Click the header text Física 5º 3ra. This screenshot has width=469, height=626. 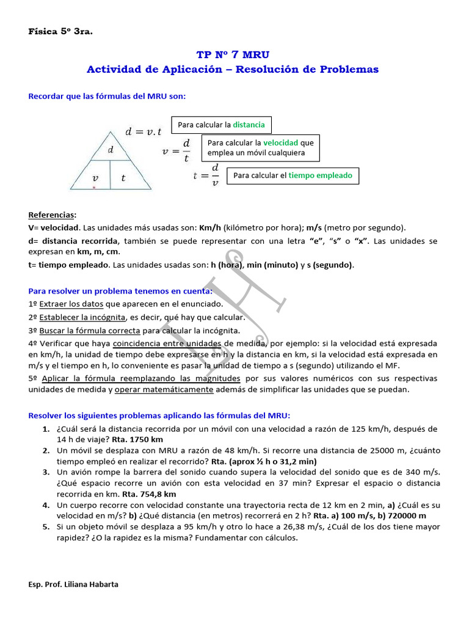(x=60, y=31)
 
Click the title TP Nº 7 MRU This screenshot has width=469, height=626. (x=233, y=55)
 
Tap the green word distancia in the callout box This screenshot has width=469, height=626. (x=249, y=125)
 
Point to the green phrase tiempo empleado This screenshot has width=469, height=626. (x=320, y=175)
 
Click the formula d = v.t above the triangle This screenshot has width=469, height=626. (x=144, y=131)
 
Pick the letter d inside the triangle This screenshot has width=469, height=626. (x=111, y=150)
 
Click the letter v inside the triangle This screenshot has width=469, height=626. (x=95, y=178)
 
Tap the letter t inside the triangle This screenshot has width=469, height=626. (x=123, y=178)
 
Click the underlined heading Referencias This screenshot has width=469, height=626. (x=53, y=215)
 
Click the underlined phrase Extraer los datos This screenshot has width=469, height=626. (x=71, y=304)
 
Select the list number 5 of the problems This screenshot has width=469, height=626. (x=46, y=527)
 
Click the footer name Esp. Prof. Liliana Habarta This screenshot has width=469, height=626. (x=74, y=584)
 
